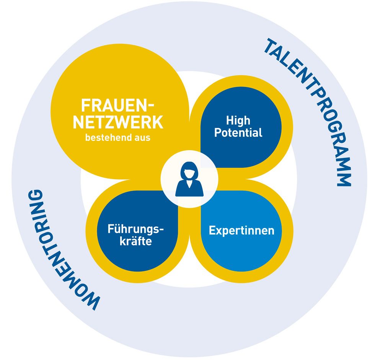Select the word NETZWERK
click(118, 123)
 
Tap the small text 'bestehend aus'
click(118, 137)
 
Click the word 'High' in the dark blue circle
click(238, 121)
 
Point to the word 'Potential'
click(238, 133)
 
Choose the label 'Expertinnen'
click(241, 231)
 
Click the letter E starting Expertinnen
click(212, 231)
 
